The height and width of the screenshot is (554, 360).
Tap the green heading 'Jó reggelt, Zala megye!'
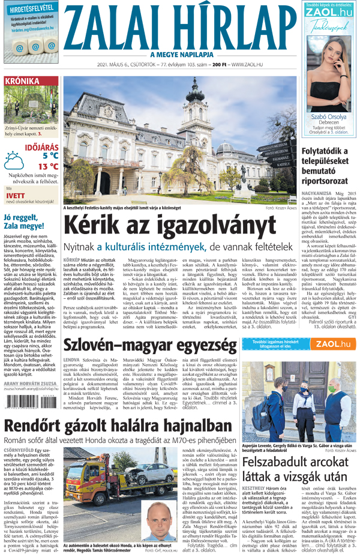click(28, 222)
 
